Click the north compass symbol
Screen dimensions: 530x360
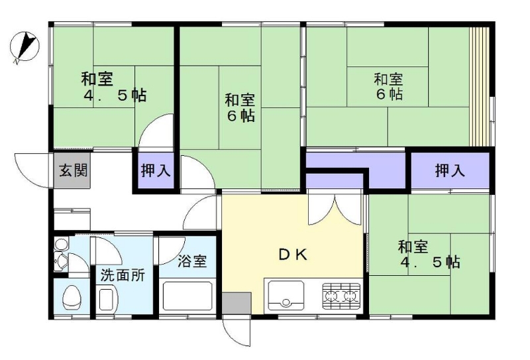(25, 46)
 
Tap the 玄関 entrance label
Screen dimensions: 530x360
(74, 170)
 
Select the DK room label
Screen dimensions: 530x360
(293, 255)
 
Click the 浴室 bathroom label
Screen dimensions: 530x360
(192, 261)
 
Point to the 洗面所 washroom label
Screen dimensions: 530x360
(123, 275)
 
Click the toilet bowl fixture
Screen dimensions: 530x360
(72, 296)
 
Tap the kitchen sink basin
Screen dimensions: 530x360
(286, 296)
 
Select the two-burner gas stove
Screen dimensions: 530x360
(341, 296)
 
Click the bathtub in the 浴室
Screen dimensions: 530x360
(187, 296)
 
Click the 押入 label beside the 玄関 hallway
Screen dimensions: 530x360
(156, 170)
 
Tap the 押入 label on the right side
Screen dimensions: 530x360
(450, 170)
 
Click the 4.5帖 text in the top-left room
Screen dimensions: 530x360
(115, 95)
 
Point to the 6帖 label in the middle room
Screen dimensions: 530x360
(240, 116)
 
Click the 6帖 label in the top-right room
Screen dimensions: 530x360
(390, 93)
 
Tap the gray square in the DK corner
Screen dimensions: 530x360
(237, 303)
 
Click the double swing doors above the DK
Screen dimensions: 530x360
(335, 209)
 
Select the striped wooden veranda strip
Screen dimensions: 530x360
(480, 86)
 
